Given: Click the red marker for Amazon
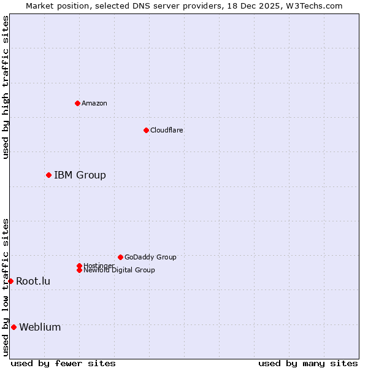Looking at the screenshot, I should click(x=77, y=103).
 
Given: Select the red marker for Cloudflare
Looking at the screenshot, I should click(x=146, y=130).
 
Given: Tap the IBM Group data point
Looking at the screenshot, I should click(x=48, y=175).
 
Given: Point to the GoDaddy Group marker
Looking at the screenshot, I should click(x=120, y=257).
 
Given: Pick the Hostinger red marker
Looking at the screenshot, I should click(x=79, y=266).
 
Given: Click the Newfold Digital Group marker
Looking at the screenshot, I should click(x=79, y=270).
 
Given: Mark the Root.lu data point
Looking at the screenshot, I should click(x=10, y=281).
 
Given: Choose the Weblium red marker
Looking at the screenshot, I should click(x=13, y=327).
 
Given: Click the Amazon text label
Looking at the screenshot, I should click(x=94, y=103).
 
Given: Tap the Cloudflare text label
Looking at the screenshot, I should click(x=167, y=130).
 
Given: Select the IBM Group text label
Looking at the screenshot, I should click(x=80, y=175).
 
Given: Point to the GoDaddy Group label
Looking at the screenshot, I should click(x=150, y=257).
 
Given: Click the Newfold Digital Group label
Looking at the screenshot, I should click(x=120, y=270).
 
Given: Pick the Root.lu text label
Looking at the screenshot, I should click(x=33, y=282).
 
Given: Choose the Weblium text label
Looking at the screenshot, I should click(x=40, y=328).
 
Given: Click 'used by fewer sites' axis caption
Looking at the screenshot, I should click(x=63, y=363).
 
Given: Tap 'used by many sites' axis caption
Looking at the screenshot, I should click(x=308, y=363).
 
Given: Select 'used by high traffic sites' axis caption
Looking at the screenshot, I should click(x=6, y=88).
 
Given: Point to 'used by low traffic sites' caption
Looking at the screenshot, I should click(x=6, y=287).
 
